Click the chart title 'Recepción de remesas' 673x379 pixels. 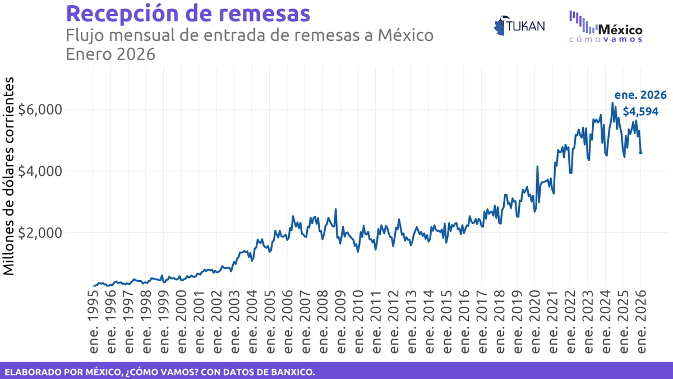[187, 13]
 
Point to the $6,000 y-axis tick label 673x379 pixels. [40, 109]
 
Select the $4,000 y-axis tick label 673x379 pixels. [40, 171]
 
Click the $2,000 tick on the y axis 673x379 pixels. [40, 232]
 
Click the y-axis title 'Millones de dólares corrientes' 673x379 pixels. [10, 177]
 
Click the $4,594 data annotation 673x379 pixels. [640, 111]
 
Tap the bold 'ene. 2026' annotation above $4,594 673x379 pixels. [640, 95]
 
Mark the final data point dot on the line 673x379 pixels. [641, 152]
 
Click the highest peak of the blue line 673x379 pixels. [612, 103]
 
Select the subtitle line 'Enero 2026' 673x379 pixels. [110, 54]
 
